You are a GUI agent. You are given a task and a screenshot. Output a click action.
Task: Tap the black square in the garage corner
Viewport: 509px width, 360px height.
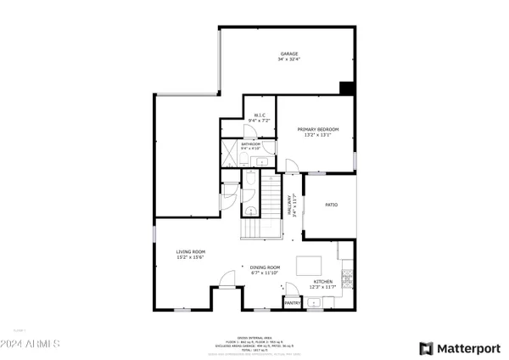pyautogui.click(x=347, y=87)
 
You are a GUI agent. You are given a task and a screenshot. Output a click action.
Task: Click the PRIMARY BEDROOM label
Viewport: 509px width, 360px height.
pyautogui.click(x=312, y=129)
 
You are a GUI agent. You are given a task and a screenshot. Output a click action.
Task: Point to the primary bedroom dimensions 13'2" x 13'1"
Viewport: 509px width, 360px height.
pyautogui.click(x=312, y=134)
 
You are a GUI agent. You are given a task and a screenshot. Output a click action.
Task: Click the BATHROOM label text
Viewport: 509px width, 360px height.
pyautogui.click(x=250, y=144)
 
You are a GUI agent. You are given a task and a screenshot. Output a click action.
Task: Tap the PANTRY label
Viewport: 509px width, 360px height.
pyautogui.click(x=292, y=301)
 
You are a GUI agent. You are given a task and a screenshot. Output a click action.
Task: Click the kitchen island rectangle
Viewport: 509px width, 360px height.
pyautogui.click(x=309, y=265)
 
